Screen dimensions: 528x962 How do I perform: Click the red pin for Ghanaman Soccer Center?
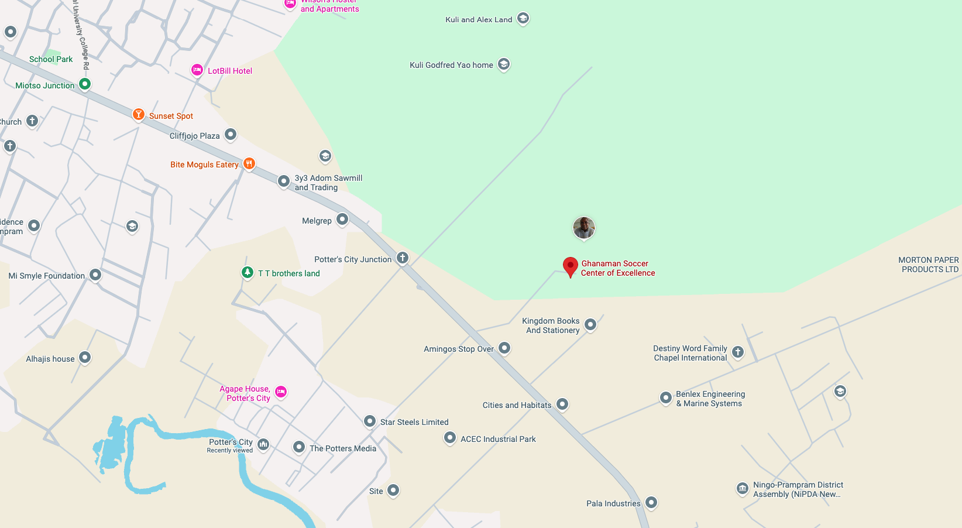pyautogui.click(x=571, y=266)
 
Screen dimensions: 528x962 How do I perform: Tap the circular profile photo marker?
pyautogui.click(x=584, y=228)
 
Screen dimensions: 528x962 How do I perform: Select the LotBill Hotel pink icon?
pyautogui.click(x=197, y=70)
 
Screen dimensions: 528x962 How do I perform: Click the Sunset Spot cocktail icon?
pyautogui.click(x=139, y=114)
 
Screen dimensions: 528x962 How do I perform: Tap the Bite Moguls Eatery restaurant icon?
pyautogui.click(x=249, y=163)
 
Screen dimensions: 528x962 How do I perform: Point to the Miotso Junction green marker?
pyautogui.click(x=85, y=84)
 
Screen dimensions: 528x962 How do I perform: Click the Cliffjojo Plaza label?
pyautogui.click(x=194, y=136)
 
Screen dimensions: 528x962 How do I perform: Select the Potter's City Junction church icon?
pyautogui.click(x=403, y=258)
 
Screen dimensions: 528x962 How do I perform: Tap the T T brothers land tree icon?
pyautogui.click(x=248, y=272)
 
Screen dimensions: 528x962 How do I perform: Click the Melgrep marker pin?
pyautogui.click(x=342, y=220)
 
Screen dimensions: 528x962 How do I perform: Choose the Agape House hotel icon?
pyautogui.click(x=281, y=392)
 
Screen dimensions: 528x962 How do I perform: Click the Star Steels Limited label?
pyautogui.click(x=414, y=422)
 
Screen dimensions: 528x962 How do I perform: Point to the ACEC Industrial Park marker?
pyautogui.click(x=449, y=437)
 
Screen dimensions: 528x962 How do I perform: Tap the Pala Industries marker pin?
pyautogui.click(x=651, y=502)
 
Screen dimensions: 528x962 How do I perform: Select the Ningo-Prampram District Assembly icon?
pyautogui.click(x=742, y=488)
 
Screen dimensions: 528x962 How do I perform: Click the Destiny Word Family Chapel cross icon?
pyautogui.click(x=738, y=352)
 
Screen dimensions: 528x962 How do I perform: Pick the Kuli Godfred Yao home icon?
pyautogui.click(x=504, y=64)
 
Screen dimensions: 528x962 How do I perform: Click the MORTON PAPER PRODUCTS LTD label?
pyautogui.click(x=929, y=265)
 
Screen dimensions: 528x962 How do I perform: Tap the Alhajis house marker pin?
pyautogui.click(x=85, y=357)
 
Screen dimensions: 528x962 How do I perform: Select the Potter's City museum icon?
pyautogui.click(x=263, y=444)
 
